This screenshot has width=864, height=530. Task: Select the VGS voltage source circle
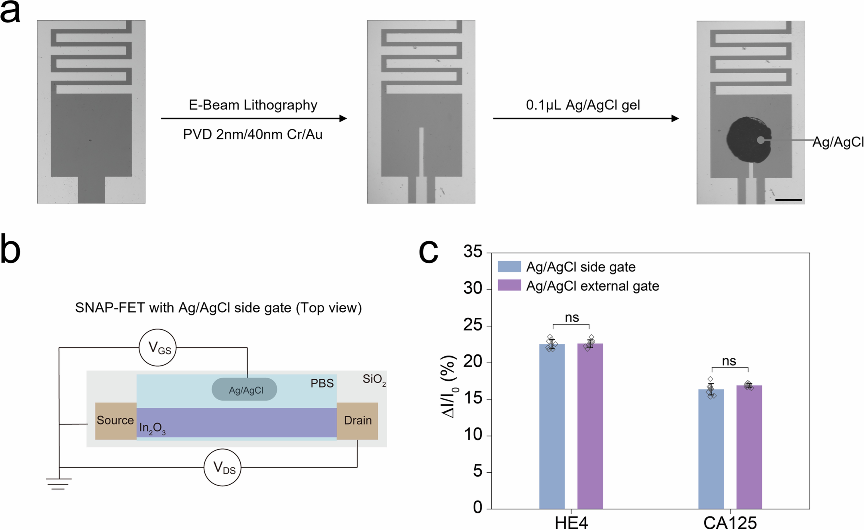(x=158, y=347)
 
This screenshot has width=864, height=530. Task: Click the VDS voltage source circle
(x=222, y=467)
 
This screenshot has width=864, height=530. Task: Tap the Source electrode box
(x=115, y=421)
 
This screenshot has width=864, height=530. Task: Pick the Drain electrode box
(x=357, y=421)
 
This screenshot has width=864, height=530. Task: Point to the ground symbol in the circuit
(x=59, y=483)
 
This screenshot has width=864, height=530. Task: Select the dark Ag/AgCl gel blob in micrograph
(x=747, y=140)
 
